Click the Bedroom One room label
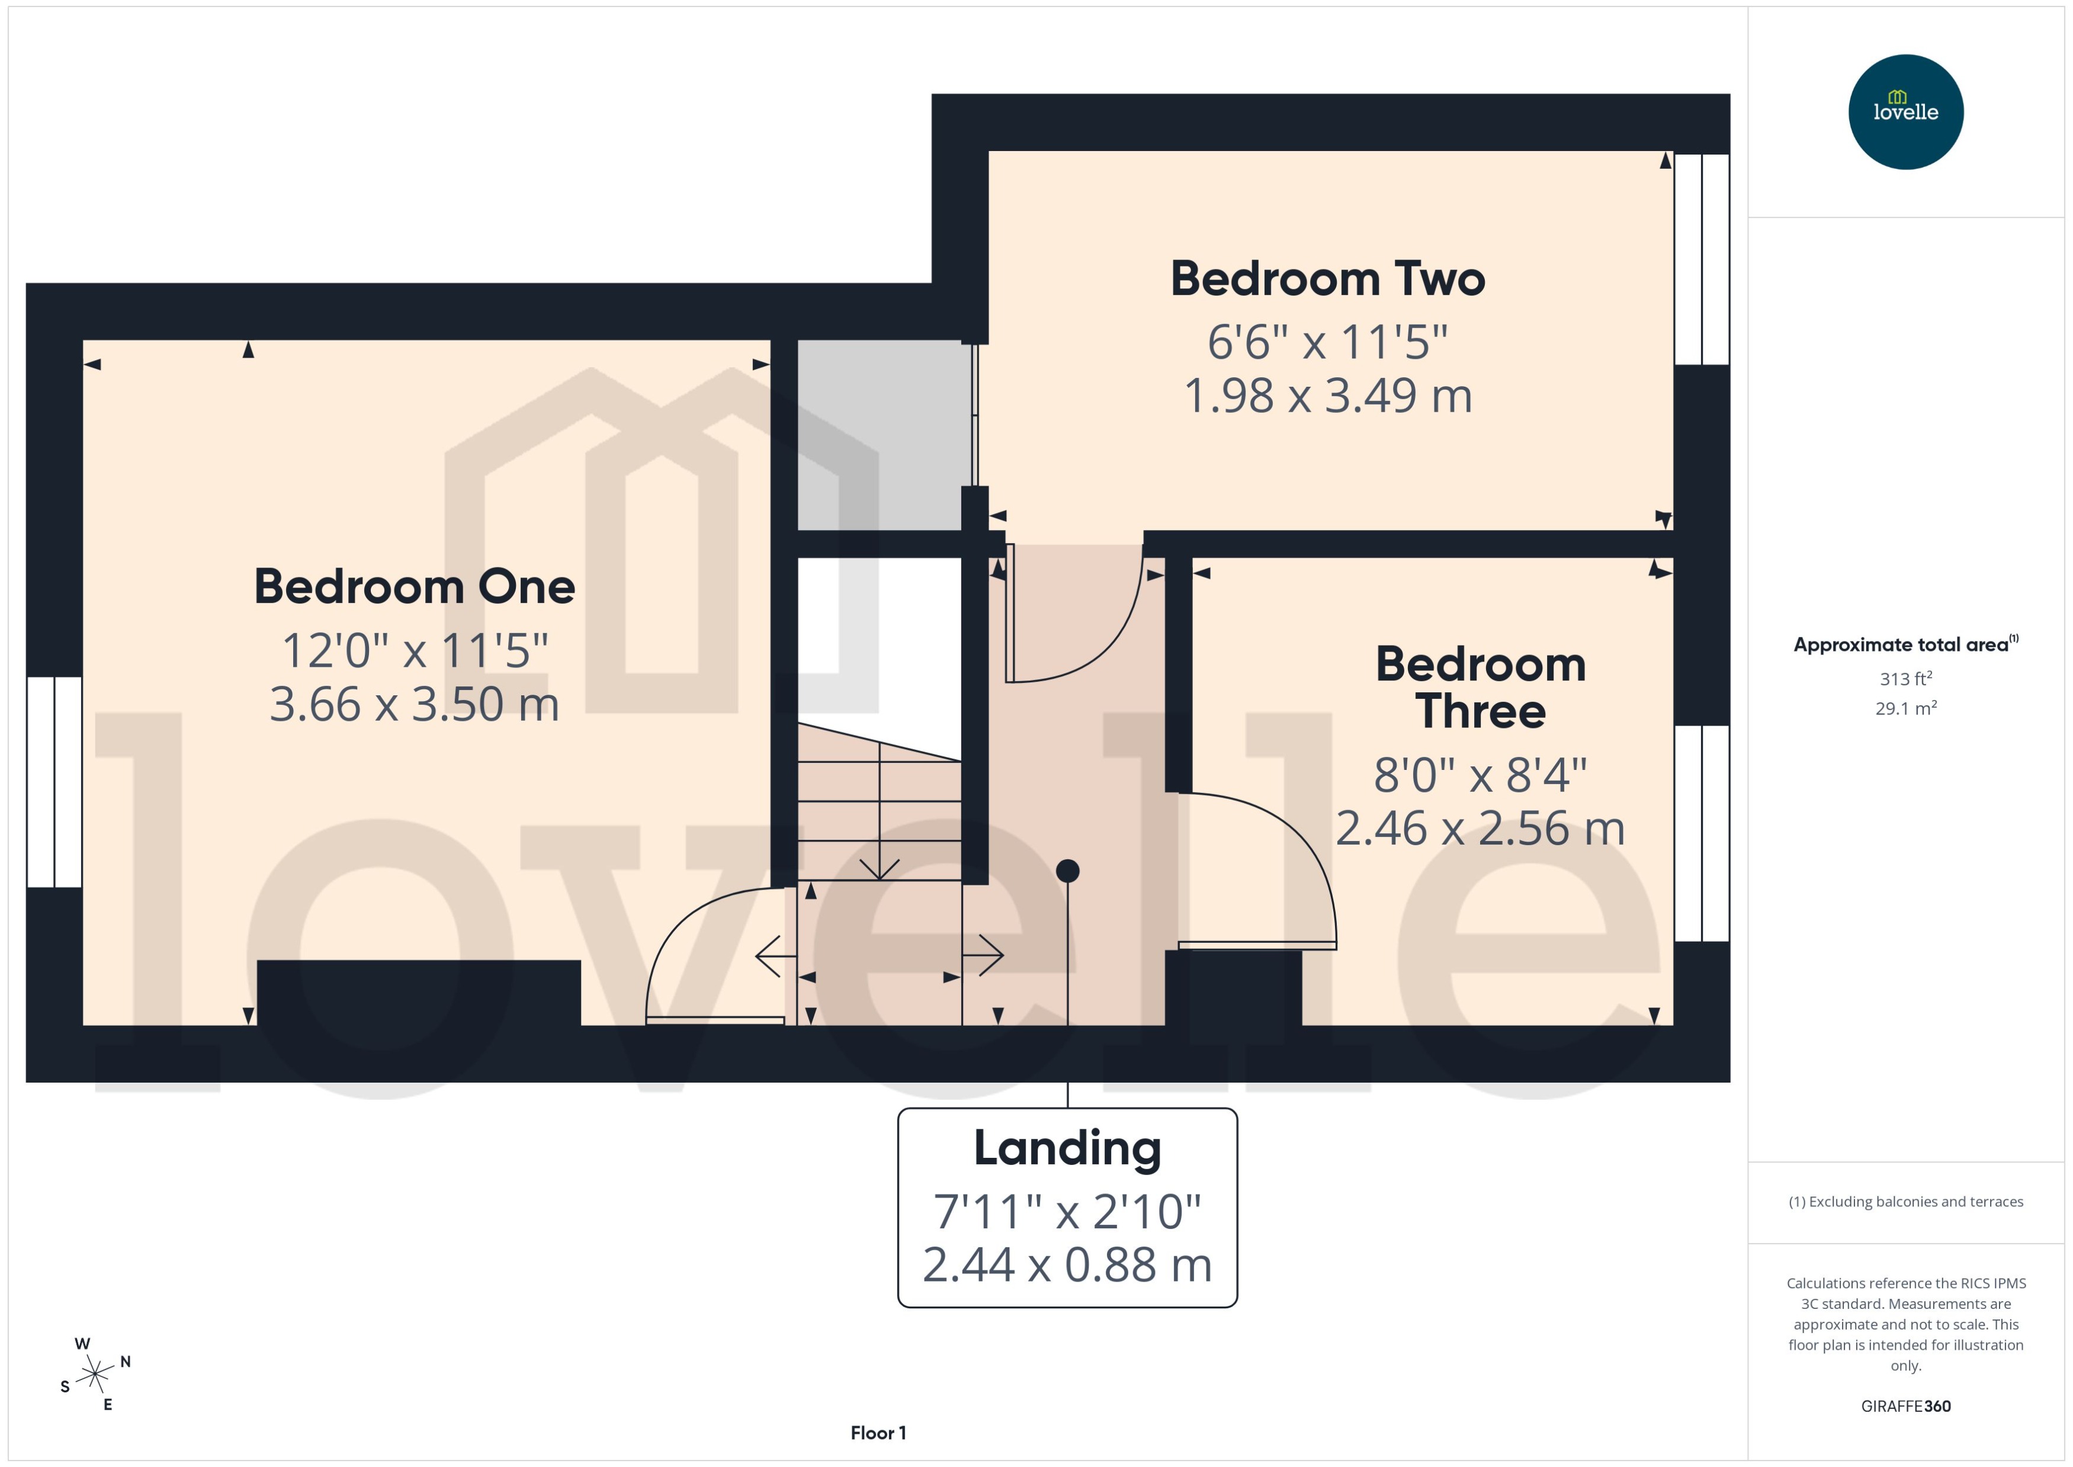pyautogui.click(x=415, y=587)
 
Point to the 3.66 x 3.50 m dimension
pyautogui.click(x=415, y=705)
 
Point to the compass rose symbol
pyautogui.click(x=95, y=1375)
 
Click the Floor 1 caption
pyautogui.click(x=878, y=1433)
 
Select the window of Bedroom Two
pyautogui.click(x=1702, y=259)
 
